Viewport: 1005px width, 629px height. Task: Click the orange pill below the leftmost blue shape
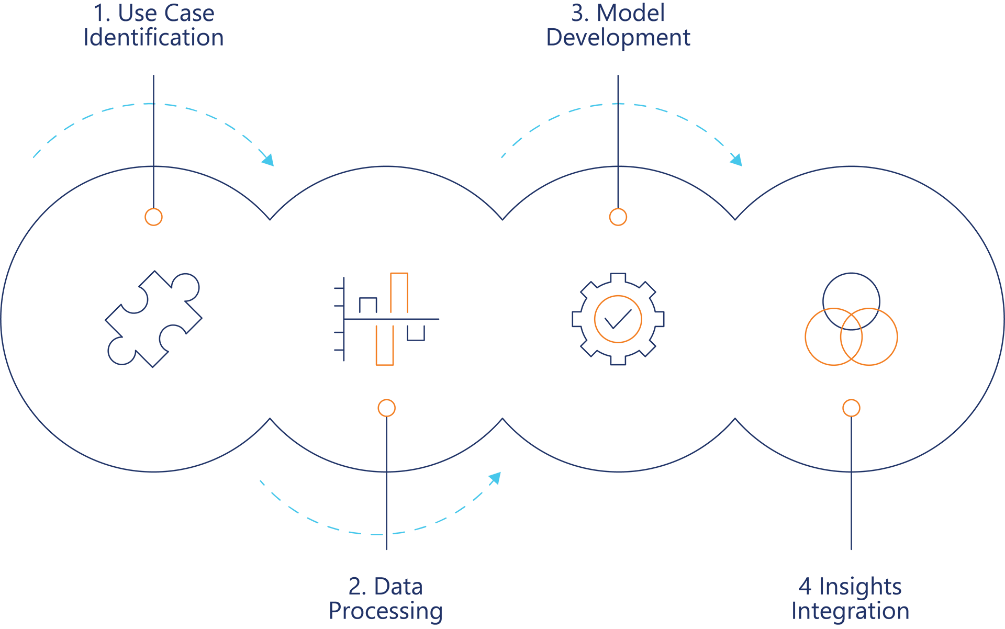tap(152, 227)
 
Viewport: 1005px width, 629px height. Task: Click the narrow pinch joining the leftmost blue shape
tap(157, 104)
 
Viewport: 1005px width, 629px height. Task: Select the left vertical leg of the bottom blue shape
tap(253, 576)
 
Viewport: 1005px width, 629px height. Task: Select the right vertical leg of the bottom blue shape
tap(515, 576)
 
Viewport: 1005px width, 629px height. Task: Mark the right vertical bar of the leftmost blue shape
tap(291, 78)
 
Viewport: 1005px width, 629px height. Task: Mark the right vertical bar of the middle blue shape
tap(758, 78)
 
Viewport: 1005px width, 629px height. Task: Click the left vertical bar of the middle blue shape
tap(481, 78)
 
